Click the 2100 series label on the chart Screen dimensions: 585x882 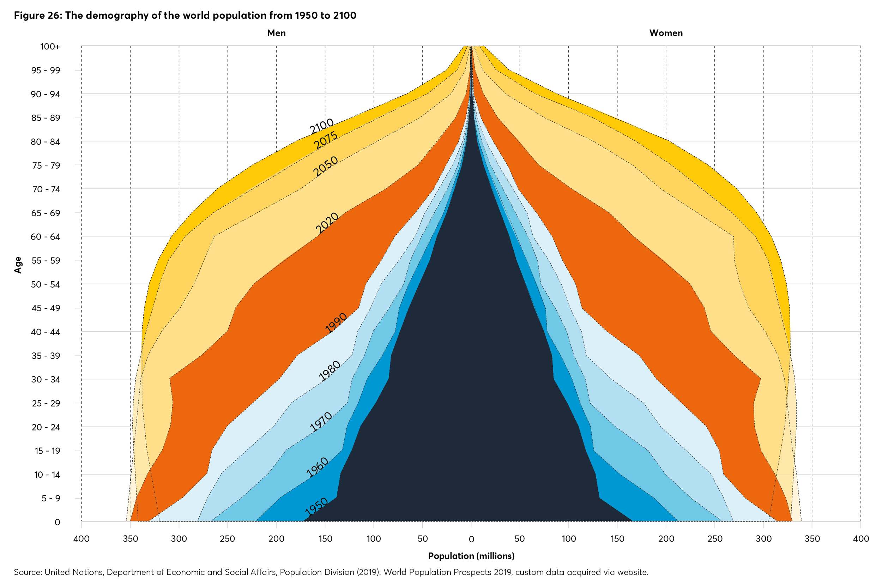321,126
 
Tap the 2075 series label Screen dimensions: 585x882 326,140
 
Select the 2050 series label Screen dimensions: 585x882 326,167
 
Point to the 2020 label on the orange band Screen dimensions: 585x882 327,223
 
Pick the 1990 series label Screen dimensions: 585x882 336,323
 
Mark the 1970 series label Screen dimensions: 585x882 321,422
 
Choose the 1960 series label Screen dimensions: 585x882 318,467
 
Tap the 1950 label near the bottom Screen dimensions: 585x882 316,507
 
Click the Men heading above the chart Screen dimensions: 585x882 276,33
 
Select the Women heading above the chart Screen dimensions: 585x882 666,33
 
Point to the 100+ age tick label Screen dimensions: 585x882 50,47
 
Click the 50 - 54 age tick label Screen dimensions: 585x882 46,284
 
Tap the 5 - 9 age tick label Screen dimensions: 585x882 51,498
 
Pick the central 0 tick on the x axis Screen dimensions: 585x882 471,539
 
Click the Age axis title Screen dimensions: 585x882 18,265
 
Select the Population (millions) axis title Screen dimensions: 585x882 471,556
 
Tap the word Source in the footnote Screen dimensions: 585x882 27,572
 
